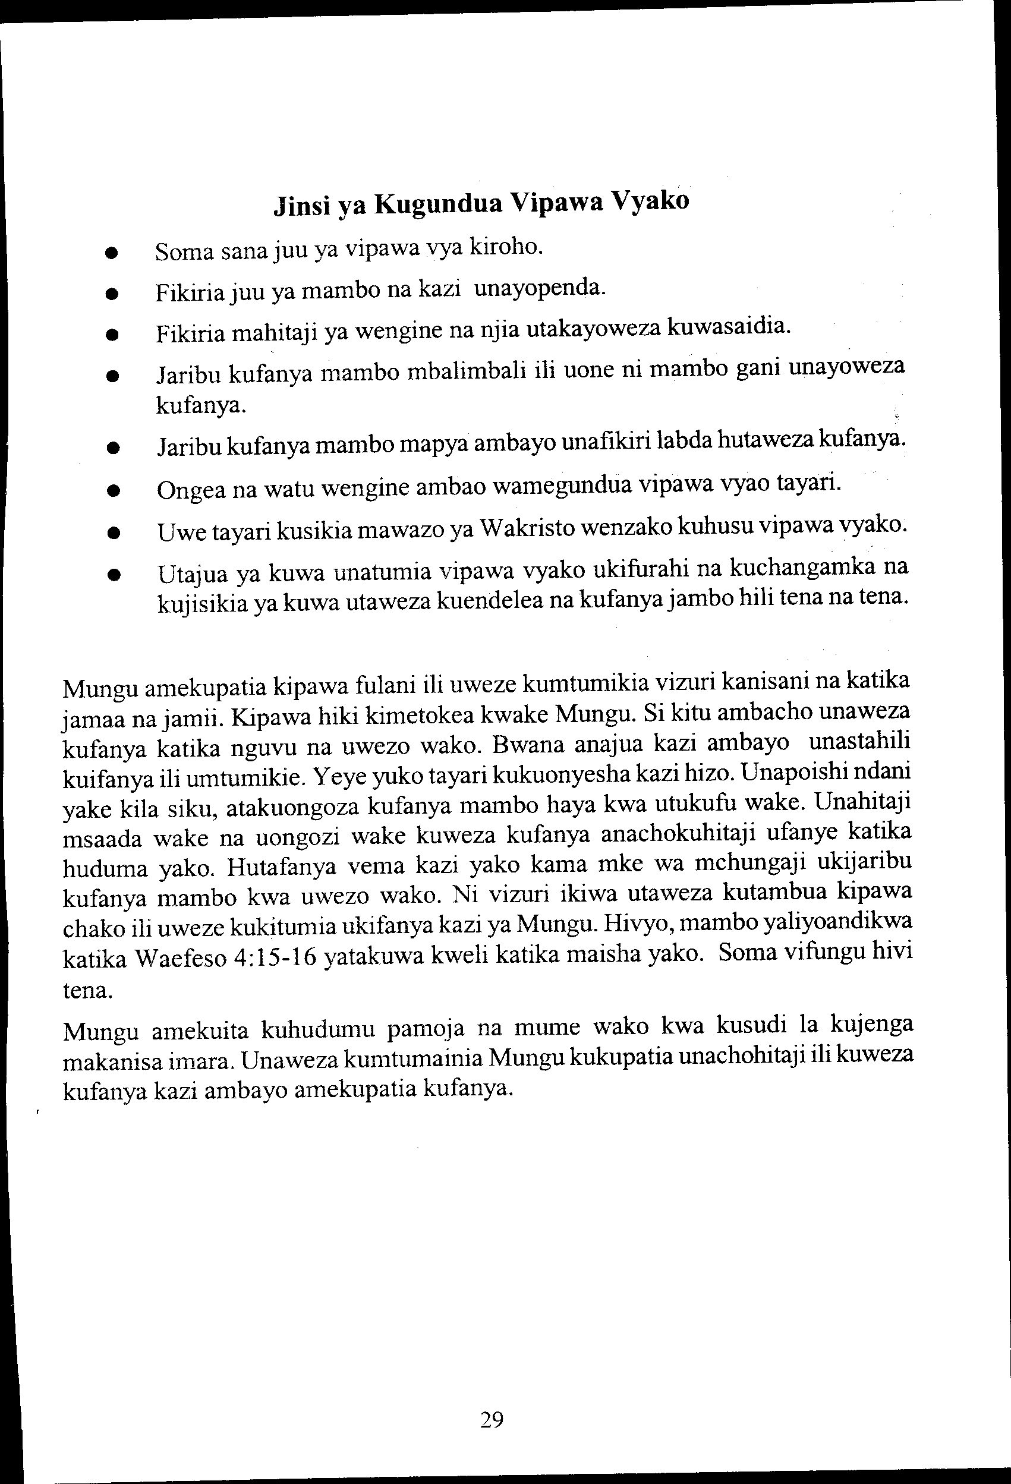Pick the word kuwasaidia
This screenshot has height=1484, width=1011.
[x=729, y=326]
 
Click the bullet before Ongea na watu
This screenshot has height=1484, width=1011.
[x=114, y=491]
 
